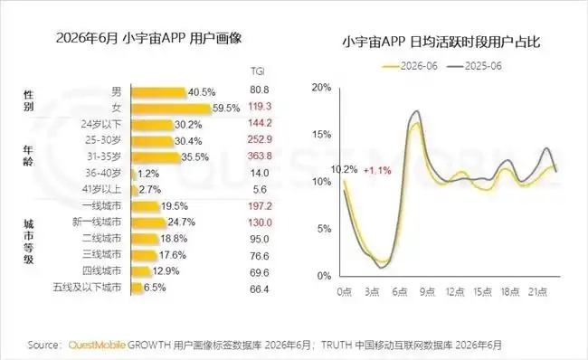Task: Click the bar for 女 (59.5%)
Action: coord(171,109)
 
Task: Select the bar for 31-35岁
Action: coord(156,157)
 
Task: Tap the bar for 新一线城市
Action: coord(148,223)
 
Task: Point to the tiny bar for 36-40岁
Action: coord(134,174)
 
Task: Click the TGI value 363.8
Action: coord(260,156)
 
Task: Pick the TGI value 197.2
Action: coord(260,206)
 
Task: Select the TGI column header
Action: coord(258,71)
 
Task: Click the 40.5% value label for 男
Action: coord(202,92)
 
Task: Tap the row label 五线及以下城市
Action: coord(87,288)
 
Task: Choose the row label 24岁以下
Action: coord(101,124)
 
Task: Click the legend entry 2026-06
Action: coord(410,66)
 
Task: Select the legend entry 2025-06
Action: coord(474,66)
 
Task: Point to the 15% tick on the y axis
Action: coord(322,134)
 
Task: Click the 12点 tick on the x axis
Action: coord(455,292)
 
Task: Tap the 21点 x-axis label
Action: coord(537,292)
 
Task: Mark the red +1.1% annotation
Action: coord(377,171)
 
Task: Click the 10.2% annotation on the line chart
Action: coord(345,169)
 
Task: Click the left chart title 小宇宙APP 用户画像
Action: coord(149,39)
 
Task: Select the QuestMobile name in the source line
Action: coord(97,345)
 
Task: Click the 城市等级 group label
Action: coord(29,242)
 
